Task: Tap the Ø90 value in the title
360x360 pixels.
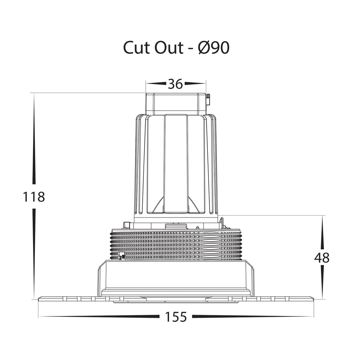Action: (x=213, y=48)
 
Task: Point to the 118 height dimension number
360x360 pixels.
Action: (x=34, y=197)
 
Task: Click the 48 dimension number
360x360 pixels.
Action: (x=322, y=258)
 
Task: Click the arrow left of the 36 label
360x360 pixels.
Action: (x=156, y=83)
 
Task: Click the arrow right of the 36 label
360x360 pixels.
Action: (x=195, y=83)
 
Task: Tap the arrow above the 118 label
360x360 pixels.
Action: (x=34, y=139)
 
